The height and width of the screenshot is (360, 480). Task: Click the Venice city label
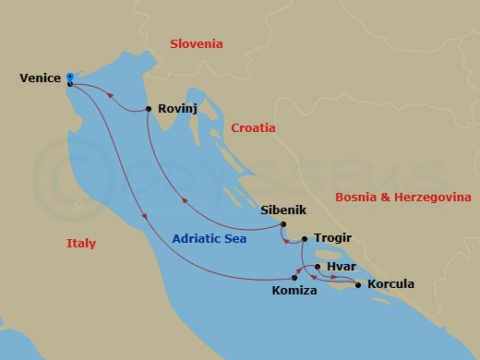tap(40, 78)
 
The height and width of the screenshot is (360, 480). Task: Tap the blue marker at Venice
tap(70, 80)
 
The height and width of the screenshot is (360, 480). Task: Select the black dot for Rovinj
tap(149, 110)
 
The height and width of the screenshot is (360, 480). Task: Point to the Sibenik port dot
tap(282, 225)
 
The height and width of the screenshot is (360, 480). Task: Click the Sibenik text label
tap(282, 210)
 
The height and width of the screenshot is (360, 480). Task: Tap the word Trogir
tap(331, 237)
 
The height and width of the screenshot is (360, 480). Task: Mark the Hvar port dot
tap(317, 267)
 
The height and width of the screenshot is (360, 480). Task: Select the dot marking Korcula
tap(357, 284)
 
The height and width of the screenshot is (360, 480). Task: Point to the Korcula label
tap(390, 283)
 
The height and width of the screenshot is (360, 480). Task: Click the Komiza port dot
tap(295, 276)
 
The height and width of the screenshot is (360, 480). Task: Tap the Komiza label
tap(296, 292)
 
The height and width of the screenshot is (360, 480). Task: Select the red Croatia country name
tap(255, 128)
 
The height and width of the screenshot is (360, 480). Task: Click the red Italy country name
tap(81, 244)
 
